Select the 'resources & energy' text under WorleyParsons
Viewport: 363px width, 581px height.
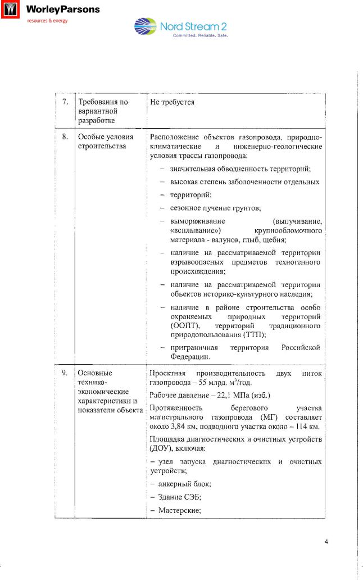[x=48, y=21]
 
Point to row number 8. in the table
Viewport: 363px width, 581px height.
[x=65, y=136]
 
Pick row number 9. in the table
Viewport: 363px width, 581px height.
[x=65, y=373]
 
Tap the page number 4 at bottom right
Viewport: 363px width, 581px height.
[x=326, y=542]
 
